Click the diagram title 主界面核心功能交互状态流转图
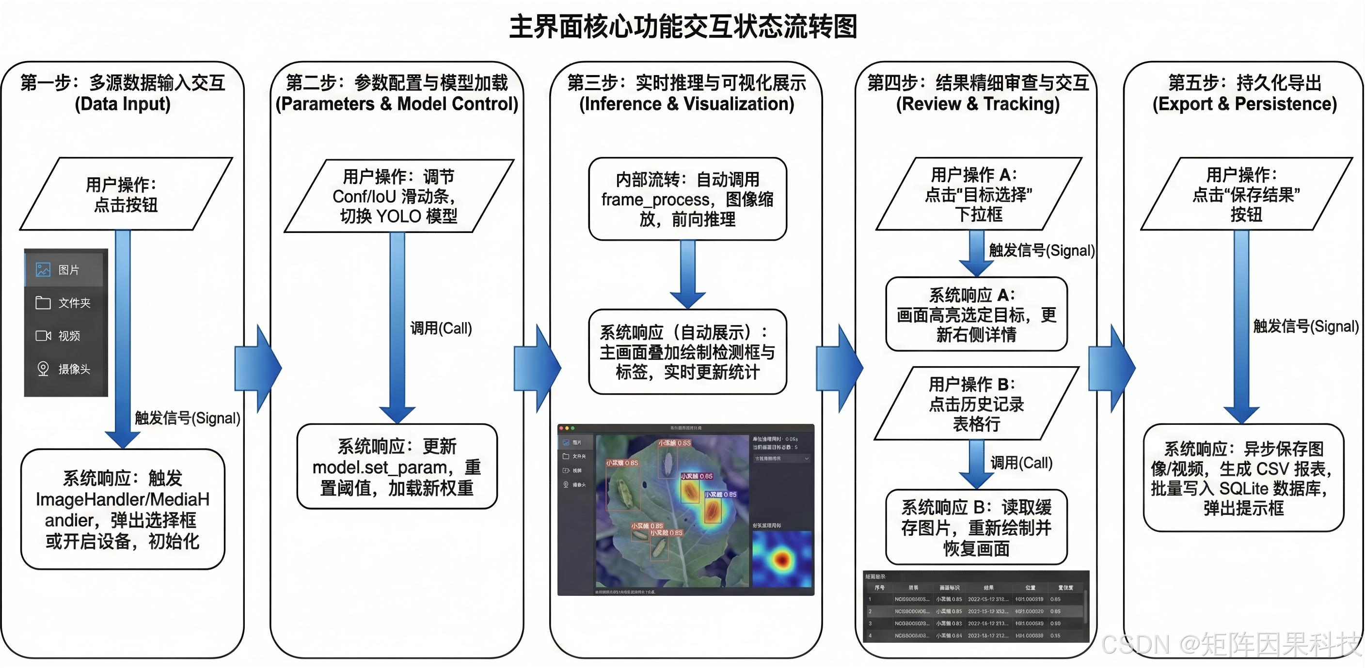pos(682,27)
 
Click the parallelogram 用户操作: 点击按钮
pos(126,194)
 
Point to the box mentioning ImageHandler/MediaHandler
pos(123,509)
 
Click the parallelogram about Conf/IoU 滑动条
pos(398,196)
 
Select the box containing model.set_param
pos(397,466)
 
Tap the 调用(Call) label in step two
pos(441,328)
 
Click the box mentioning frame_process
pos(687,199)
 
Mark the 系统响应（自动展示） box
pos(687,352)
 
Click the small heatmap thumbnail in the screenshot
pos(781,559)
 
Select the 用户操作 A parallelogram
pos(978,194)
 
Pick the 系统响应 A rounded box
pos(976,314)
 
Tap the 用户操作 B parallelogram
pos(976,404)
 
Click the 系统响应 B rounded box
pos(976,528)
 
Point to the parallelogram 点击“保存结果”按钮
pos(1246,194)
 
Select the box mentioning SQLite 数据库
pos(1243,478)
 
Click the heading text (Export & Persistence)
pos(1245,104)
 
